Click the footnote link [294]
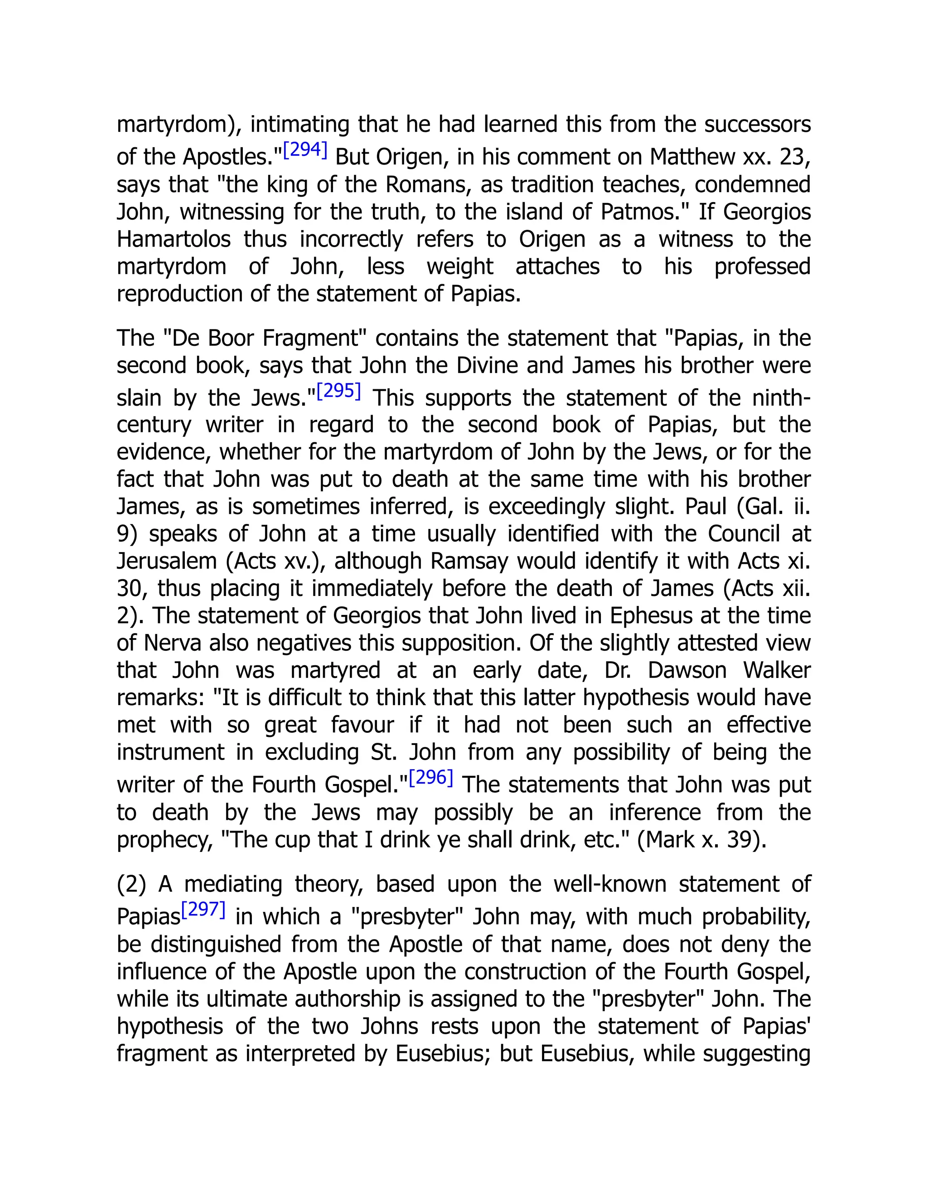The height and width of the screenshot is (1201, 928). click(x=305, y=150)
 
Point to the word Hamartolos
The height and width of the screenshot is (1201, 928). click(x=174, y=239)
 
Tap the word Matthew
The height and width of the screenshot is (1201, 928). click(x=693, y=157)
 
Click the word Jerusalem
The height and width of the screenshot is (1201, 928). click(x=167, y=561)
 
